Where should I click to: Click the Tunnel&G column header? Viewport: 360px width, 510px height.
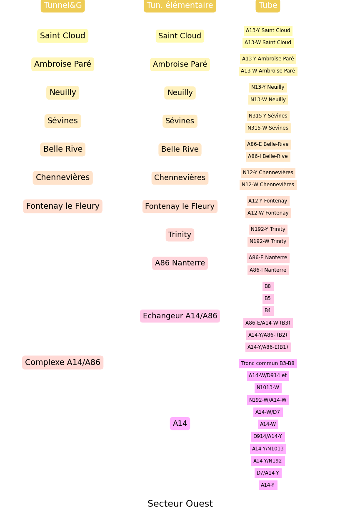click(x=62, y=5)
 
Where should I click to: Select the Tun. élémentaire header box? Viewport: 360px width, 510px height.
click(x=180, y=5)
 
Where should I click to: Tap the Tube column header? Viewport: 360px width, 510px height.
click(x=267, y=5)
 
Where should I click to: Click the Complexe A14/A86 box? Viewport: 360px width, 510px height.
click(x=62, y=362)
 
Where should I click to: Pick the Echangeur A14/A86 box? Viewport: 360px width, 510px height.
click(x=180, y=316)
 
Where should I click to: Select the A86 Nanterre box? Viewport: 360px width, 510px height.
click(x=180, y=263)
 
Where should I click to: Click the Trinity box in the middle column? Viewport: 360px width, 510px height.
click(x=180, y=235)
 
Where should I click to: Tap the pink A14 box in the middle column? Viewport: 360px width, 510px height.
click(x=180, y=423)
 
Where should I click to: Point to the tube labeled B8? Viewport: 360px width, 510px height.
click(x=268, y=286)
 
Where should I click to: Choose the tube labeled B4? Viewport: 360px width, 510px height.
click(x=268, y=310)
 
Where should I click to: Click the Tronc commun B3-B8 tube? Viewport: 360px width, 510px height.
click(x=268, y=363)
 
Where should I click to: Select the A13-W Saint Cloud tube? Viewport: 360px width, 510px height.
click(x=268, y=42)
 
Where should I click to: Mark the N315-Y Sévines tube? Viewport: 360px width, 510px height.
click(x=268, y=116)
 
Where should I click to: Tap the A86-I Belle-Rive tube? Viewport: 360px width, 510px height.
click(x=268, y=156)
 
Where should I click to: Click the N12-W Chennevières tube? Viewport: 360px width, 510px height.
click(x=268, y=185)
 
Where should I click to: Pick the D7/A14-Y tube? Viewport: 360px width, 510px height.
click(x=268, y=473)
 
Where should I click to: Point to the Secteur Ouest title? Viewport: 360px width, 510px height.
click(x=180, y=503)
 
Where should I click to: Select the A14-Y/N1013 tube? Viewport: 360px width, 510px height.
click(x=268, y=448)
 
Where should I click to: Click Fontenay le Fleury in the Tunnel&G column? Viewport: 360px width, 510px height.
click(x=62, y=206)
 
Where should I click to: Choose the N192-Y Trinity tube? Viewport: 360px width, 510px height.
click(x=268, y=229)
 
